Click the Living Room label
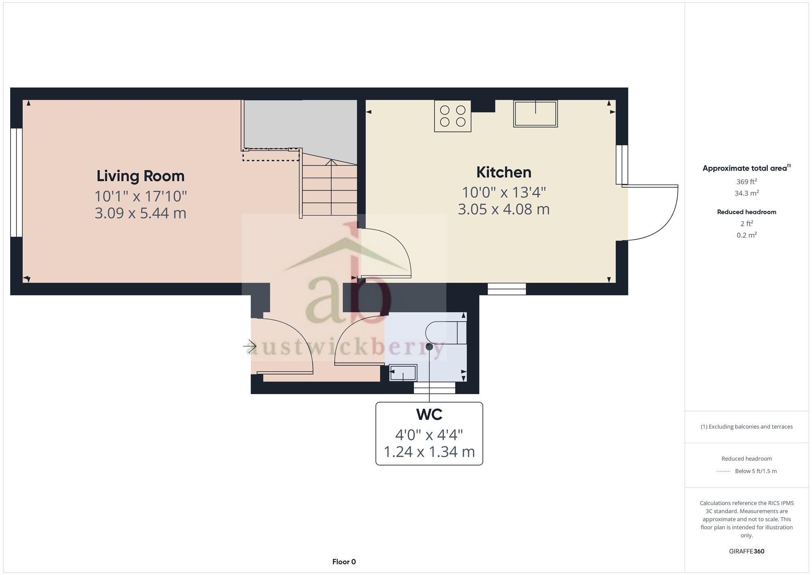click(x=140, y=176)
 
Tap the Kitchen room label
click(x=503, y=172)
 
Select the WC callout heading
click(x=429, y=414)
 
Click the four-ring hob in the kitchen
click(x=452, y=116)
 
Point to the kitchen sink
click(x=535, y=114)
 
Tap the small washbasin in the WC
click(x=403, y=373)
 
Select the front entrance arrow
click(x=250, y=346)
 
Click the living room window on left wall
click(x=16, y=182)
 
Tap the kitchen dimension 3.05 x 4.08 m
click(x=503, y=209)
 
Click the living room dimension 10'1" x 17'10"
click(x=140, y=196)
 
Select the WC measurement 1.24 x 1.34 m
click(x=429, y=451)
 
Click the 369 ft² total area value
click(x=746, y=182)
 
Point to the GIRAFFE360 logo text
click(x=746, y=551)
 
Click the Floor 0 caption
click(x=344, y=562)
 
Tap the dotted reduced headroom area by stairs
click(x=271, y=155)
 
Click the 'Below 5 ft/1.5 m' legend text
click(x=755, y=471)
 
